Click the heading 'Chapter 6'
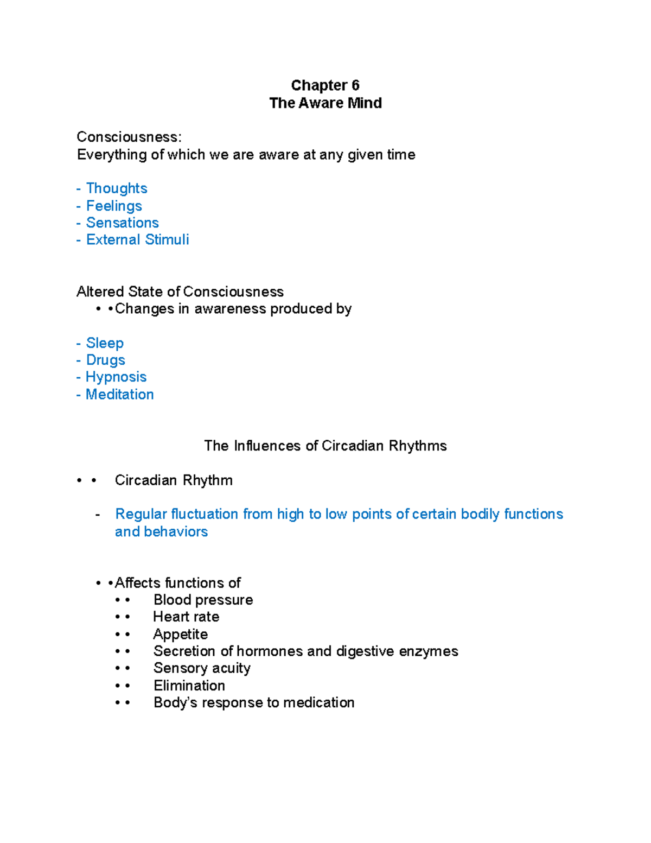point(325,85)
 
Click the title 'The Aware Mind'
point(325,103)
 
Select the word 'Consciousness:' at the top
point(129,137)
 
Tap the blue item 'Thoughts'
point(117,188)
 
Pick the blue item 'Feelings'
point(114,206)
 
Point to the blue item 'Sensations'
point(122,223)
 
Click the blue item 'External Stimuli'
point(137,239)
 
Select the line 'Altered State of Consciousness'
point(180,291)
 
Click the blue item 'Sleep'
point(105,343)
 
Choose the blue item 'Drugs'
point(105,360)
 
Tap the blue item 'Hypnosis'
point(116,377)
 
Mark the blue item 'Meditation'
point(119,394)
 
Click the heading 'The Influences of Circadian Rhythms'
point(325,446)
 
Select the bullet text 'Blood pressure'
point(203,600)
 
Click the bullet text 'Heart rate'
point(186,617)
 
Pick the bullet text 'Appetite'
point(180,634)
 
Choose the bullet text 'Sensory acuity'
point(202,668)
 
